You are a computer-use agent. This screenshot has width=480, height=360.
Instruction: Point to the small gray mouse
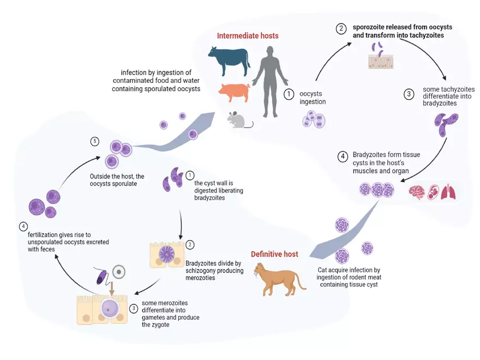tap(239, 119)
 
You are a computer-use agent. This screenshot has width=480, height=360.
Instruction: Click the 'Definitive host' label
tap(274, 254)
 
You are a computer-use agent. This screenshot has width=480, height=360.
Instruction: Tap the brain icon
tap(417, 193)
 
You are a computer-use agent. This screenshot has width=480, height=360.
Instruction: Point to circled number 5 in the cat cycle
tap(94, 142)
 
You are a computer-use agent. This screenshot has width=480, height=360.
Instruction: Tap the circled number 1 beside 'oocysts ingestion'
tap(289, 94)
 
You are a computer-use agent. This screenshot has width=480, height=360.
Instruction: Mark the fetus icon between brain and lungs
tap(432, 193)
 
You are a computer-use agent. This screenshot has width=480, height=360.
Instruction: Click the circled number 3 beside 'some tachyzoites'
tap(409, 94)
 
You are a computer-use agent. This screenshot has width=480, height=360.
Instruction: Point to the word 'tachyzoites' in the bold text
tap(422, 35)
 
